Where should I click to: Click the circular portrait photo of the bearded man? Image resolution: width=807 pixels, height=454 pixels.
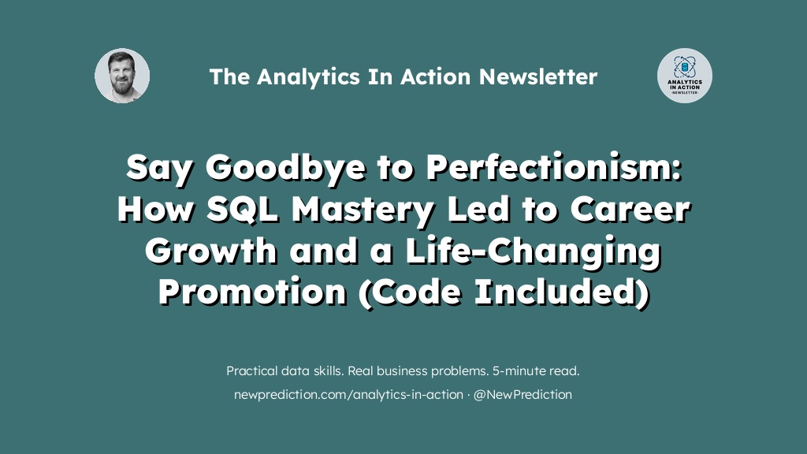click(x=122, y=76)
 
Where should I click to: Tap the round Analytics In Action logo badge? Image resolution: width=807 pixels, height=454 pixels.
click(x=685, y=76)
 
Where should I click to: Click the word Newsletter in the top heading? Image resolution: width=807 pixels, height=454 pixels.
click(x=537, y=76)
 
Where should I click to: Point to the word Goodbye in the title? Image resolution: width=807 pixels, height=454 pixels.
click(x=285, y=169)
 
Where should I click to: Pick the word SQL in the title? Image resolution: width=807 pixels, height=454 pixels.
click(x=243, y=210)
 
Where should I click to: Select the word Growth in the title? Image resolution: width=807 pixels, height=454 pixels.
click(x=211, y=251)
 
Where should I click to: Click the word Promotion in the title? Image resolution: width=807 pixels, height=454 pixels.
click(x=252, y=292)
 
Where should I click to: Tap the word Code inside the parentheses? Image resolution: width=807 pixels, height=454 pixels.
click(x=415, y=292)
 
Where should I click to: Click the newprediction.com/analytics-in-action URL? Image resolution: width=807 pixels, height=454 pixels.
click(x=348, y=395)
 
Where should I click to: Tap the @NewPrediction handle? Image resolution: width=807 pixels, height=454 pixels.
click(x=523, y=395)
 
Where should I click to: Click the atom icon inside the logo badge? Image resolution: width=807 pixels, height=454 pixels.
click(x=685, y=67)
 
